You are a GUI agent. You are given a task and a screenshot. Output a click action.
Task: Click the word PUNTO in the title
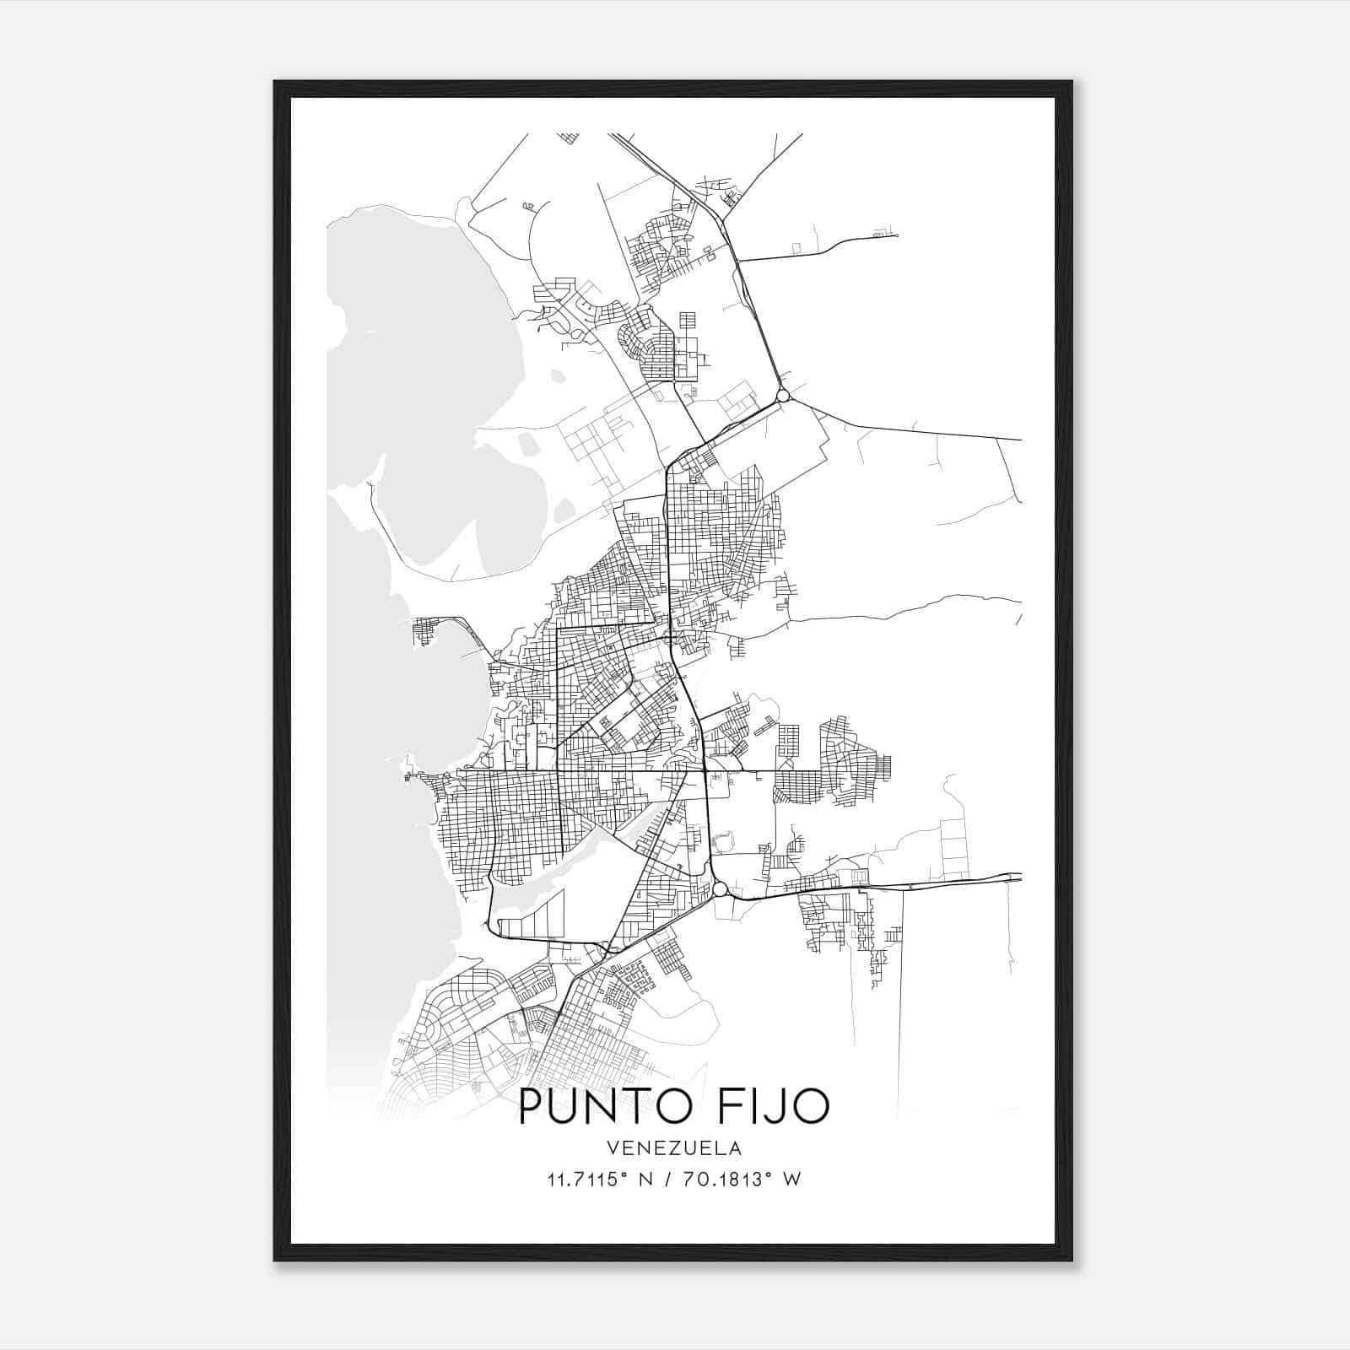pyautogui.click(x=605, y=1106)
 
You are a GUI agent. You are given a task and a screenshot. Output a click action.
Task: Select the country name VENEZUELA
pyautogui.click(x=673, y=1147)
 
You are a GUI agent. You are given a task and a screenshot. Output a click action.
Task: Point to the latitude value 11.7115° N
pyautogui.click(x=598, y=1180)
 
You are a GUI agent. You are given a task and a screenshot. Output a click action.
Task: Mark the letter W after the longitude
pyautogui.click(x=791, y=1180)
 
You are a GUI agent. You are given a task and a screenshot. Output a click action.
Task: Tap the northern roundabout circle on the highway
pyautogui.click(x=783, y=395)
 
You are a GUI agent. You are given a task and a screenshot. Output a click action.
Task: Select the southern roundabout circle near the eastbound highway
pyautogui.click(x=720, y=889)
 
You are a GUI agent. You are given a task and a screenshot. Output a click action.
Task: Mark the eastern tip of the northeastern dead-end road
pyautogui.click(x=896, y=235)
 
